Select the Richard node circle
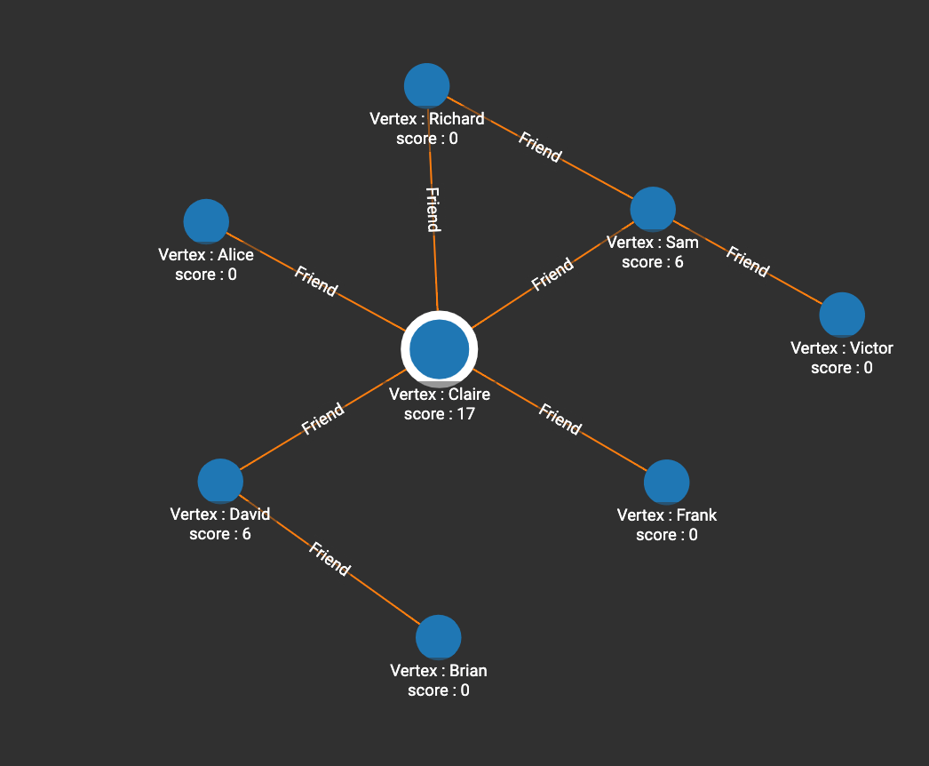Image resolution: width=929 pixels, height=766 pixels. pos(427,86)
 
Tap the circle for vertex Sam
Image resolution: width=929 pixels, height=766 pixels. pos(653,210)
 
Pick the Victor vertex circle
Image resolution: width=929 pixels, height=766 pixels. pos(842,315)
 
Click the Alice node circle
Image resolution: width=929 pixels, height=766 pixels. pos(206,221)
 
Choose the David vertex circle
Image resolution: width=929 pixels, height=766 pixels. pos(220,482)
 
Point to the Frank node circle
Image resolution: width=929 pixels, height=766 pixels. pos(666,483)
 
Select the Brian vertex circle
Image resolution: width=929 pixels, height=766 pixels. pos(439,637)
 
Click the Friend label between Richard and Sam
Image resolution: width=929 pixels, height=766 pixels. pos(540,148)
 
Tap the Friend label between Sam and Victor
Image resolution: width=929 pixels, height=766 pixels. pos(747,261)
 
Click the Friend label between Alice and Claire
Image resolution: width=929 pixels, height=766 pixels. pos(315,281)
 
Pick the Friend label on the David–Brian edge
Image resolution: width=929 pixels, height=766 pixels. pos(330,559)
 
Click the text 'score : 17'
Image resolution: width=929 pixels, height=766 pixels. pos(440,414)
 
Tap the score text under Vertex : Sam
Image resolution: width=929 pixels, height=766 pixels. pos(653,262)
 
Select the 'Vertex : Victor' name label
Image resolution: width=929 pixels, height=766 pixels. pos(842,348)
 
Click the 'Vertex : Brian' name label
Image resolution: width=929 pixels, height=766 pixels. pos(439,671)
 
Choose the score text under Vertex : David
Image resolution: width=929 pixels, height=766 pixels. pos(220,534)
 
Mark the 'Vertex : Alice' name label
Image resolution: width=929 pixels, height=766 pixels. pos(206,255)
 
